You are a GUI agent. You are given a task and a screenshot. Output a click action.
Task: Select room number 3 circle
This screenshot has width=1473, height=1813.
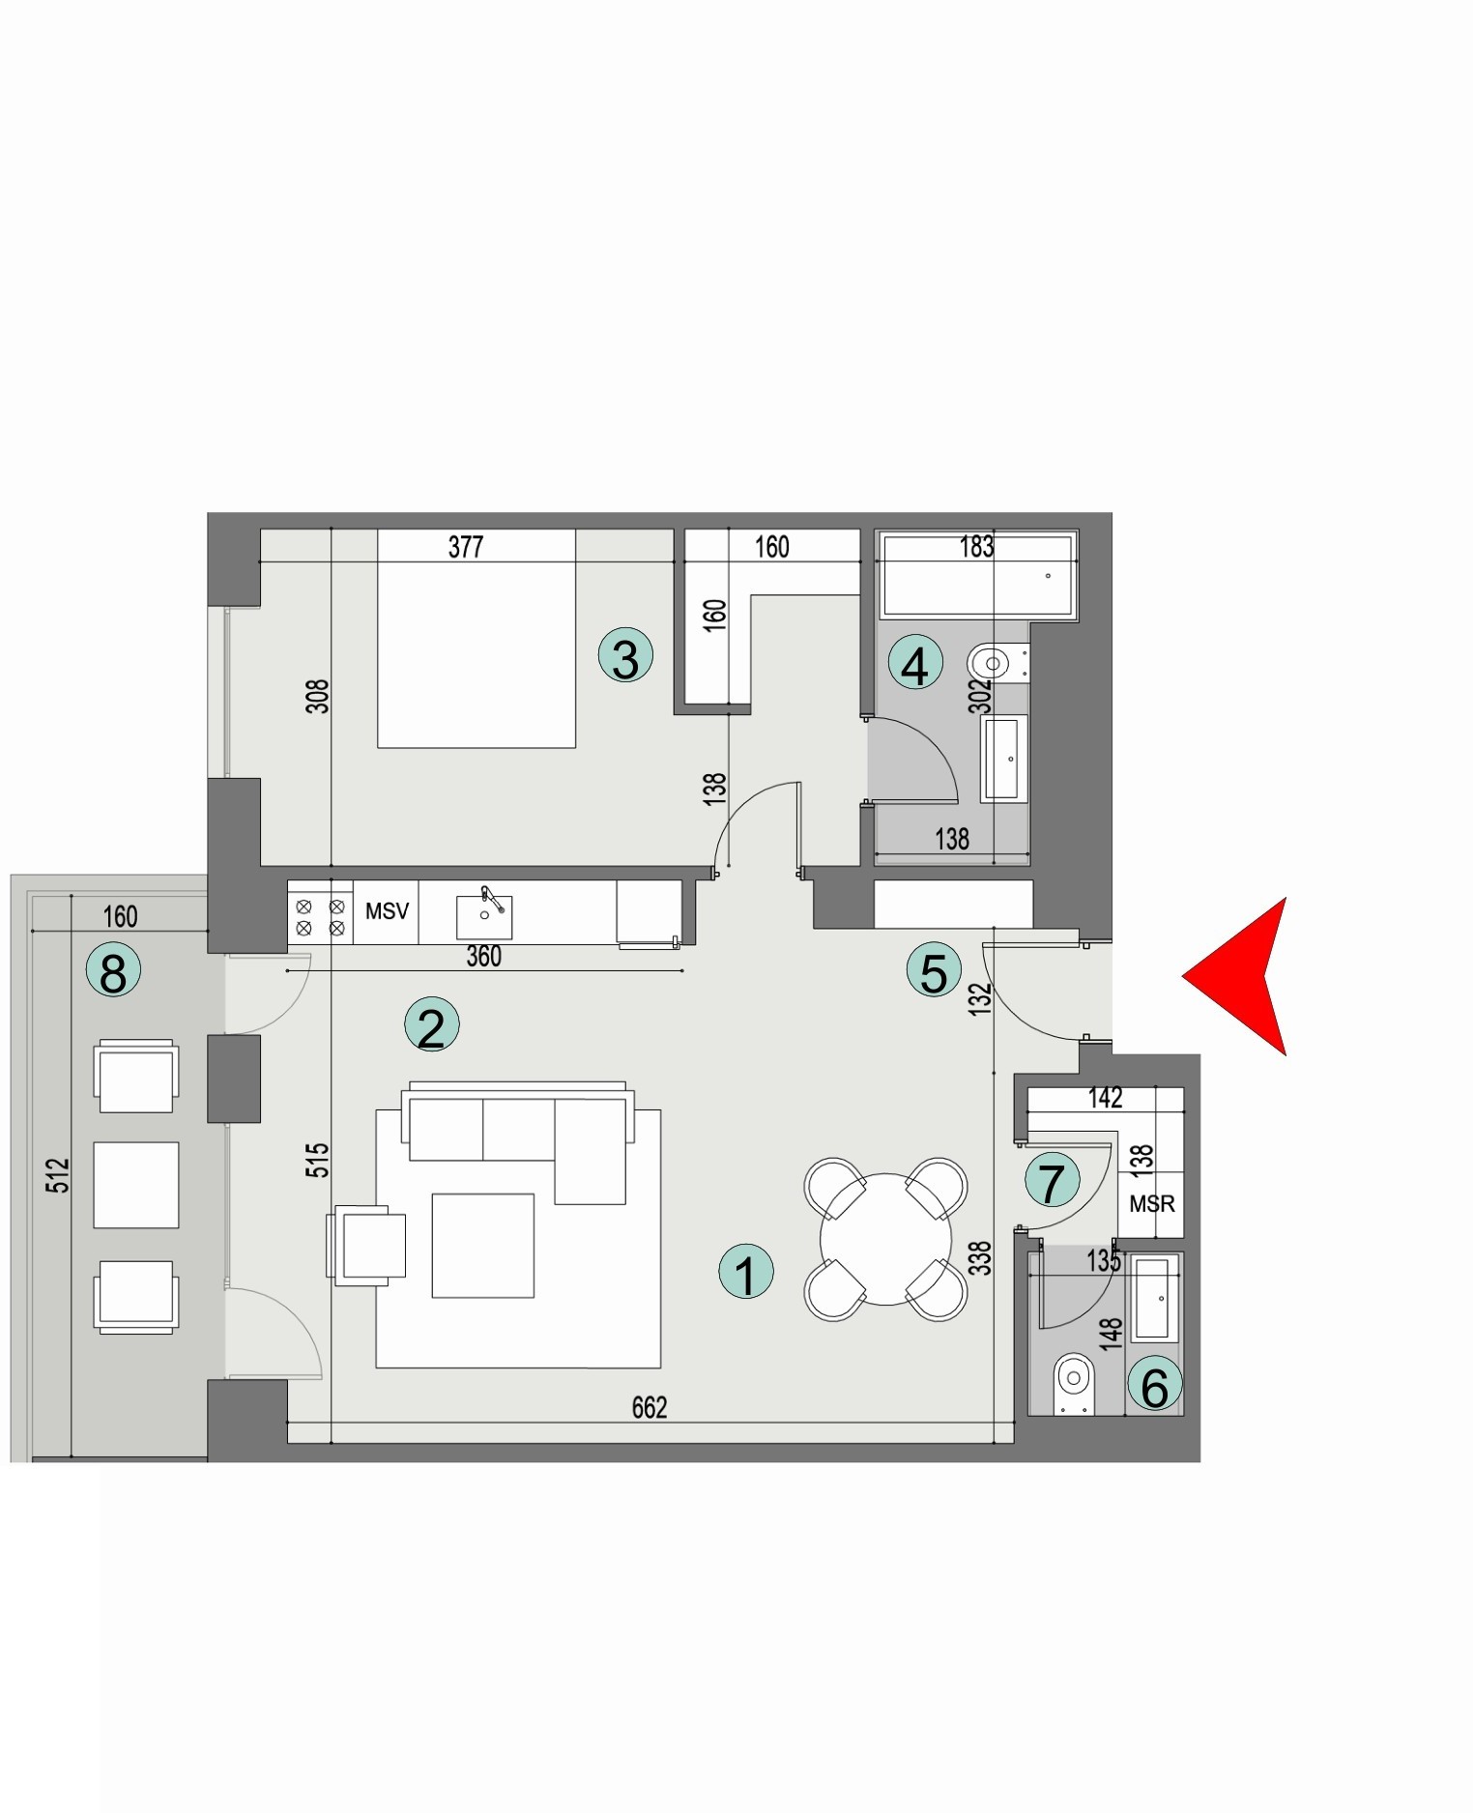tap(625, 657)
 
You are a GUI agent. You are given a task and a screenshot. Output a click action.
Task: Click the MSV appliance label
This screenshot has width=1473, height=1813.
tap(387, 910)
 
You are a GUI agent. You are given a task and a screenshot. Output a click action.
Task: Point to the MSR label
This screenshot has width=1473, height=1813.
tap(1151, 1204)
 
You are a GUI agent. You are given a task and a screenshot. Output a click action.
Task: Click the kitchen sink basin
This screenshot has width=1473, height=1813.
tap(484, 915)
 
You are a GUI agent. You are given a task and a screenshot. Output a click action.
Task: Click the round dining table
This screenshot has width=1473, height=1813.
tap(884, 1239)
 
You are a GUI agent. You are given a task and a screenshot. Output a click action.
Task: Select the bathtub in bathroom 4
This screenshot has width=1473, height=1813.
tap(976, 577)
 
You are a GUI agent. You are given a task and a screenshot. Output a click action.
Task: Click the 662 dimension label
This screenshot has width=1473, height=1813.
tap(650, 1408)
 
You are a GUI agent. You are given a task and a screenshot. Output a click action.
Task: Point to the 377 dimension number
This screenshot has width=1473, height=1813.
tap(466, 547)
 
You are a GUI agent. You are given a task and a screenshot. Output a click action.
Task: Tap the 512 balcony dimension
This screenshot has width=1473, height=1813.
tap(59, 1175)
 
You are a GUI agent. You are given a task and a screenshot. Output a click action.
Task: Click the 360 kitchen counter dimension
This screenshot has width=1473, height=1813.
tap(484, 957)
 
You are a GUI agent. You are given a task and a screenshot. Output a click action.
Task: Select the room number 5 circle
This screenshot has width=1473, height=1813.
tap(934, 970)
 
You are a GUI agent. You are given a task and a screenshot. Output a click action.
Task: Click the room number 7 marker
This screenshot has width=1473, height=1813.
tap(1052, 1180)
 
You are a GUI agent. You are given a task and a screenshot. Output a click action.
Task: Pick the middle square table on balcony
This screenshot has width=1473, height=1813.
tap(136, 1185)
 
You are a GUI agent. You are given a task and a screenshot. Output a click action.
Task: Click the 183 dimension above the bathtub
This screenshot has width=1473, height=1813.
tap(976, 547)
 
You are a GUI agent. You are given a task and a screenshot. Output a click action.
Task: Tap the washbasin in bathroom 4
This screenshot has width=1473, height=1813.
tap(1004, 759)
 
